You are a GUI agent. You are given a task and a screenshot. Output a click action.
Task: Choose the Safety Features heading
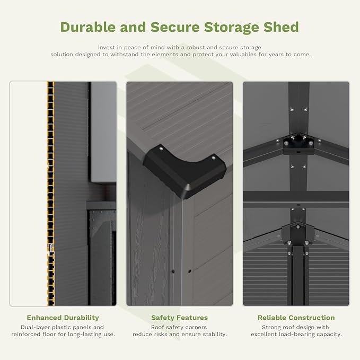[179, 318]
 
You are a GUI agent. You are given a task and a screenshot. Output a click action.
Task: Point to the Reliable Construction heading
[296, 318]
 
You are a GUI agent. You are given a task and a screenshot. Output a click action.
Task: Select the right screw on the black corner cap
[213, 157]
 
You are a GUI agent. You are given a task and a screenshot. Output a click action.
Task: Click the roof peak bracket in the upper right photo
[296, 142]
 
